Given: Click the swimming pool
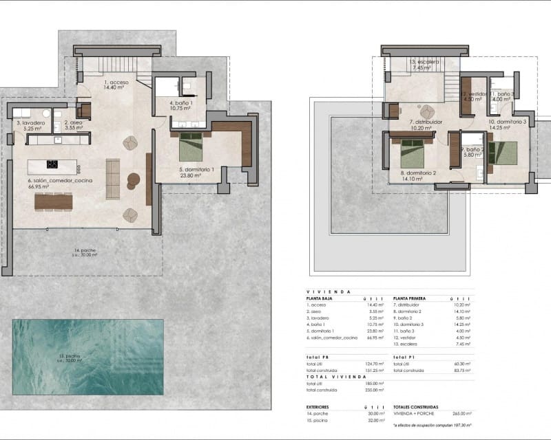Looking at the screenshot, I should tap(87, 357).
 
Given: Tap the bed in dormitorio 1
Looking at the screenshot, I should tap(191, 146).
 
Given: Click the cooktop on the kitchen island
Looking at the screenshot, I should tap(52, 164).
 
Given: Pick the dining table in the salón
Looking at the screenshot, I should tap(53, 201).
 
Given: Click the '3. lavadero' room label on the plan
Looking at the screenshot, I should tap(30, 124).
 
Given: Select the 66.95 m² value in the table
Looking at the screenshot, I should tap(375, 338).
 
